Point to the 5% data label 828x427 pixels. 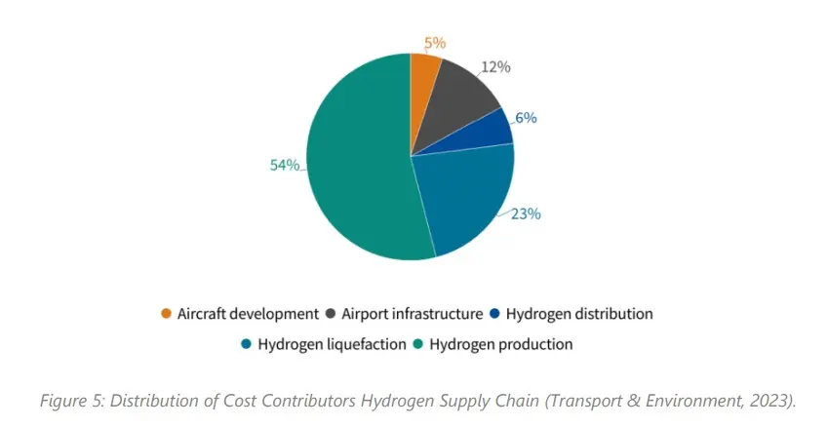[435, 43]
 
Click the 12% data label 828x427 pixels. [496, 66]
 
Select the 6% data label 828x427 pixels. [527, 118]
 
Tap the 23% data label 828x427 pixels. [526, 213]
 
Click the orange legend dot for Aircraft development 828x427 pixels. [167, 314]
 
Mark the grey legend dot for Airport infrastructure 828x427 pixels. [333, 314]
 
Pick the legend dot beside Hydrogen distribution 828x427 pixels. [496, 314]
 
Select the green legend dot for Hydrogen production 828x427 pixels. [420, 344]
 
